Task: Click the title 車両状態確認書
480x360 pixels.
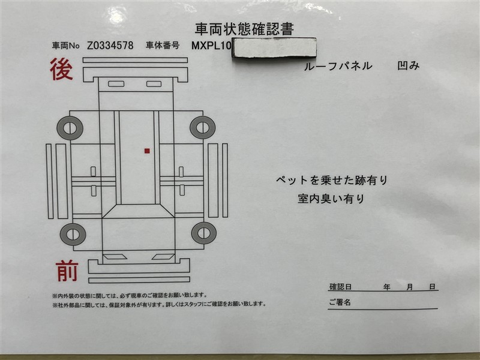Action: (244, 29)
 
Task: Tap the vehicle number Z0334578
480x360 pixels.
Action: (110, 46)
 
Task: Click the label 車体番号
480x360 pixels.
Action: (163, 46)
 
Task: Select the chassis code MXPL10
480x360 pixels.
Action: (212, 46)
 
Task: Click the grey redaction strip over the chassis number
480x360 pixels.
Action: (274, 47)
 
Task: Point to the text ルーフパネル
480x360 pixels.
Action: (338, 66)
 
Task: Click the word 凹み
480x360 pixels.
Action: (408, 65)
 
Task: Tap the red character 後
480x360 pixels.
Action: (62, 69)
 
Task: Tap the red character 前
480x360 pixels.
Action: (67, 271)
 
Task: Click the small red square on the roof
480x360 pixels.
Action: (147, 151)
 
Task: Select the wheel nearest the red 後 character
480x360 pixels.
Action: (70, 128)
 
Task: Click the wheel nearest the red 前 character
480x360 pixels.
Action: (73, 234)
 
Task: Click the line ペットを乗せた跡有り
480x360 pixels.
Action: (332, 181)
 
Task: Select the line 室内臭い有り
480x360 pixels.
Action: (331, 199)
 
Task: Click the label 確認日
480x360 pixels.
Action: (340, 287)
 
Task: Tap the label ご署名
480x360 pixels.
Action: (340, 302)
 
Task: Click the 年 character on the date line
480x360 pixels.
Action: (387, 287)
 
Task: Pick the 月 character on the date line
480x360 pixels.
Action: (410, 287)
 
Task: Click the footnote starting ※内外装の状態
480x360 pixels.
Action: (130, 295)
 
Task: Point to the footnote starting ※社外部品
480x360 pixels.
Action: (159, 304)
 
